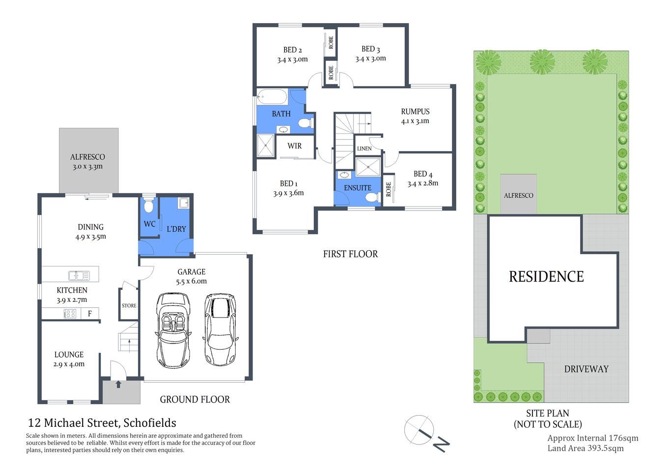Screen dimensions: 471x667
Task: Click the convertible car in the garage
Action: click(173, 330)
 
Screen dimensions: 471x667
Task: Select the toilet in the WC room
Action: click(149, 206)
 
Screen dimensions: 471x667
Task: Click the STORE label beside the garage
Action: click(129, 306)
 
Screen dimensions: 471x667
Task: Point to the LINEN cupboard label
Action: click(364, 149)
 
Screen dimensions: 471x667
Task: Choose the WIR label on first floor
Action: click(295, 146)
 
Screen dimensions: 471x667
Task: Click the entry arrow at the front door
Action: click(118, 384)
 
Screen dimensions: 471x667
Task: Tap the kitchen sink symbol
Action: click(79, 275)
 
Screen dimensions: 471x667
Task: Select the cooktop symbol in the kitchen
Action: click(70, 314)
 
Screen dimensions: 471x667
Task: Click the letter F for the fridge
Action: click(90, 314)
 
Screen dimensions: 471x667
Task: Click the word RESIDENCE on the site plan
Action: click(546, 277)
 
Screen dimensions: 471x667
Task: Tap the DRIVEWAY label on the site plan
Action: click(586, 369)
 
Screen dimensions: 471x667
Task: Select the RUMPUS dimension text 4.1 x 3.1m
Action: click(415, 121)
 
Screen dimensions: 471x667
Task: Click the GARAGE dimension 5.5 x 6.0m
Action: click(191, 282)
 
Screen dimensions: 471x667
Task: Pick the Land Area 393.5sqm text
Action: click(585, 448)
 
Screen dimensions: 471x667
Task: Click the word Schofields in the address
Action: click(150, 423)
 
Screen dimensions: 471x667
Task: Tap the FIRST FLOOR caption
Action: click(350, 254)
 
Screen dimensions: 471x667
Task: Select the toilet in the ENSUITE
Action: click(372, 197)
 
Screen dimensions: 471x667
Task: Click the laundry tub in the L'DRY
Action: click(183, 203)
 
